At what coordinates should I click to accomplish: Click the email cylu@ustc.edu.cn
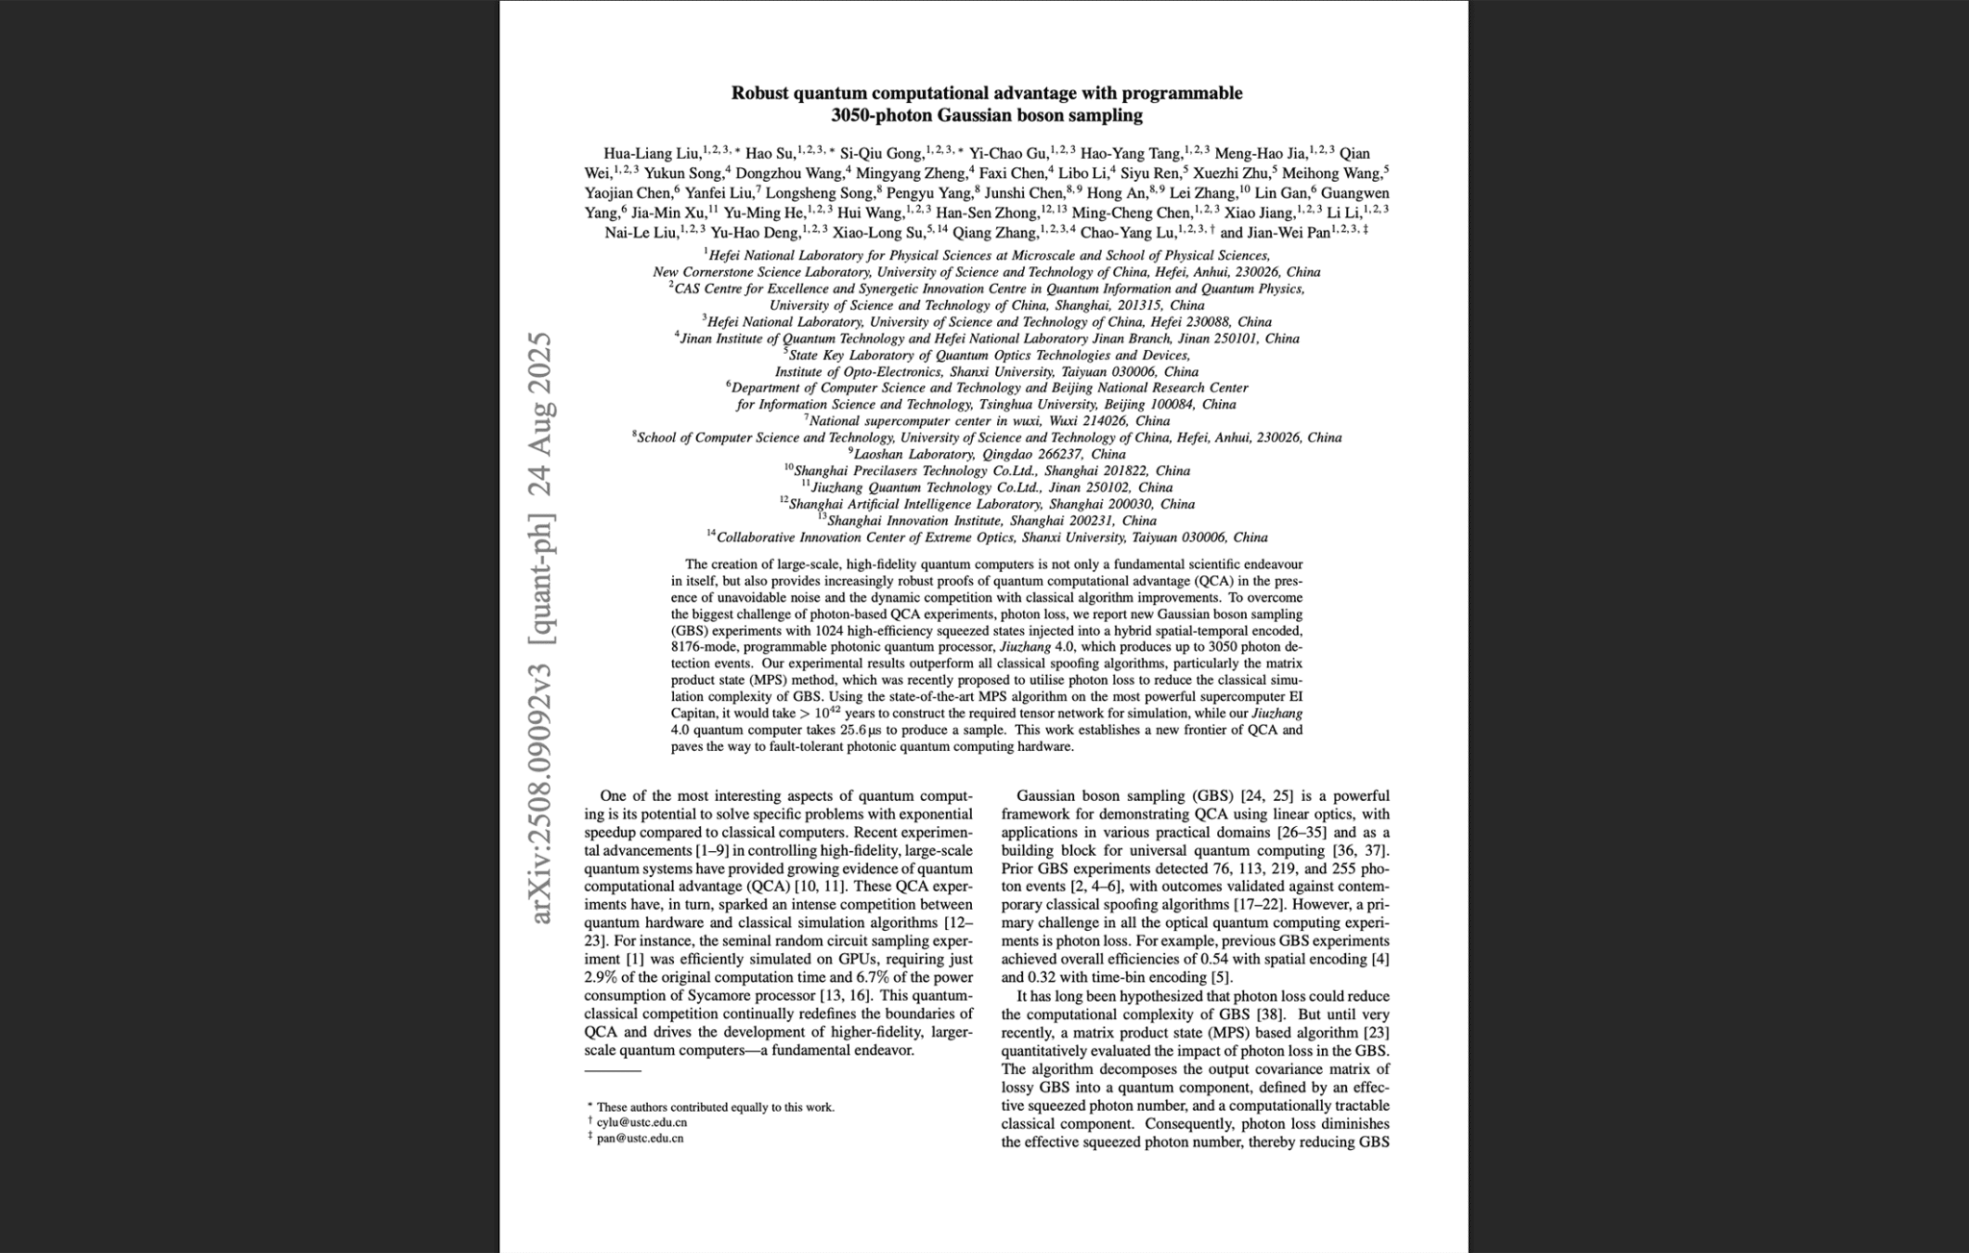(641, 1122)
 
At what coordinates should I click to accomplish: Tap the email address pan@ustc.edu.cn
(639, 1139)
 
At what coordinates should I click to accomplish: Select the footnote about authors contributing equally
(714, 1107)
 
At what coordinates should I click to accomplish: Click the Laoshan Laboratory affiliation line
(988, 454)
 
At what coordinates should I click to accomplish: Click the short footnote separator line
(612, 1070)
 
